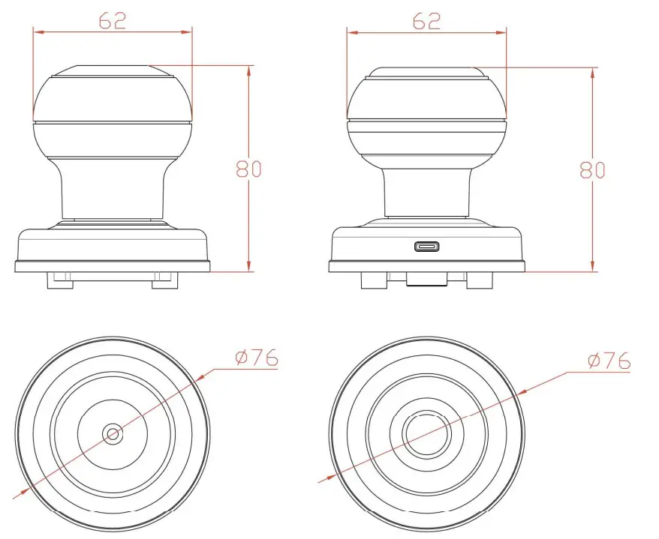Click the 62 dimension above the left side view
(x=112, y=21)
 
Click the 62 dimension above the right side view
(x=426, y=21)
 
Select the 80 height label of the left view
(x=248, y=169)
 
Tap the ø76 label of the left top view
(x=256, y=358)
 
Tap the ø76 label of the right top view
(x=609, y=361)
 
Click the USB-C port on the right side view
(x=429, y=247)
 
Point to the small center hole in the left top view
(x=113, y=433)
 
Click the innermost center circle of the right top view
(x=426, y=433)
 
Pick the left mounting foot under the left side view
(x=60, y=280)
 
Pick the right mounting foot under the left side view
(x=166, y=280)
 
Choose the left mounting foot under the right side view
(x=373, y=280)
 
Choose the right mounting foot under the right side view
(x=478, y=280)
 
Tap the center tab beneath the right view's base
(x=426, y=279)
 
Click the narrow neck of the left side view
(x=113, y=191)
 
